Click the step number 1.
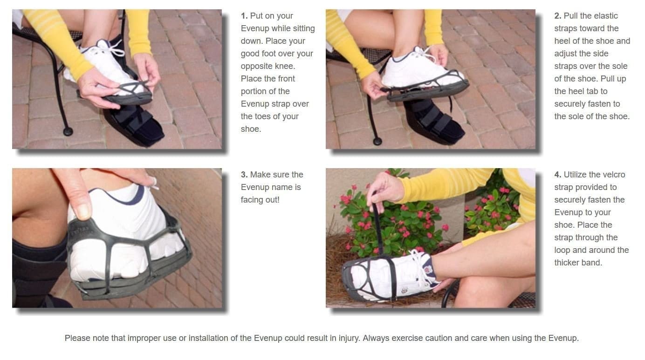point(244,16)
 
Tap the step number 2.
point(558,16)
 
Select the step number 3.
point(244,175)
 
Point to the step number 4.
point(558,175)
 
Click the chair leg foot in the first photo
point(68,132)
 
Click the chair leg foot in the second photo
point(377,141)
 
